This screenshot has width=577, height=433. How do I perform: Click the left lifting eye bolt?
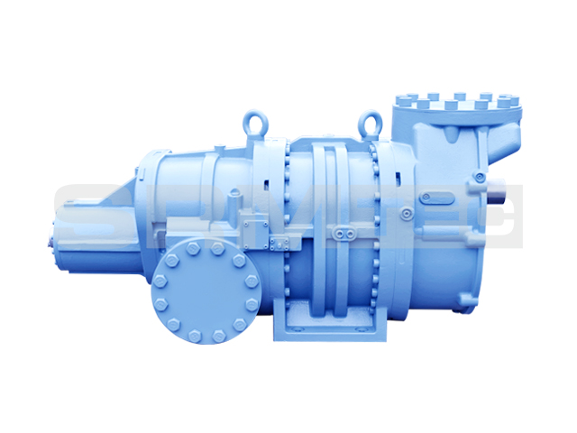pos(252,121)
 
